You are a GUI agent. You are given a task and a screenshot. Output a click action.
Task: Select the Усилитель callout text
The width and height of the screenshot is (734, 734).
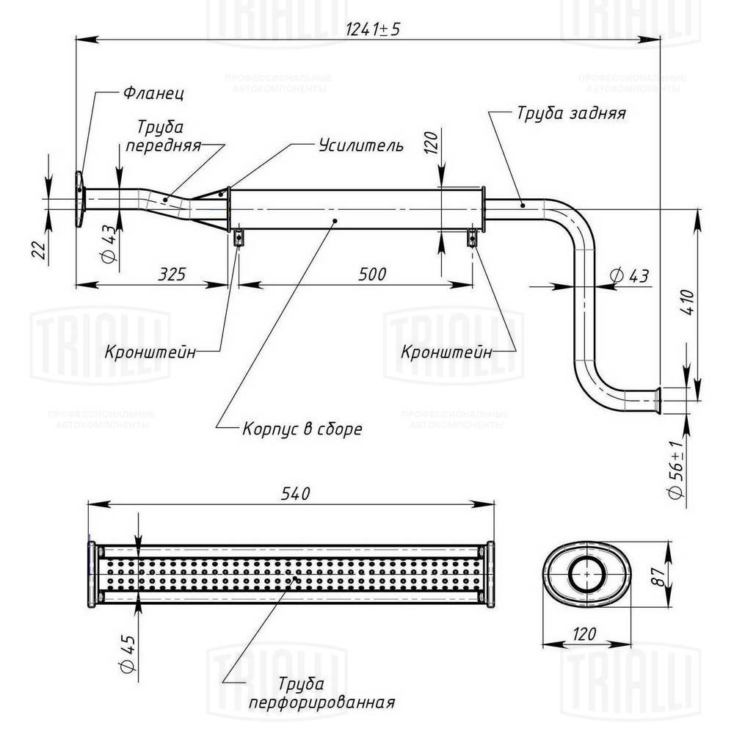360,145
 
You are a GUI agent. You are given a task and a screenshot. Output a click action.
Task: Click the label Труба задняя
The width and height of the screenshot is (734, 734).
570,114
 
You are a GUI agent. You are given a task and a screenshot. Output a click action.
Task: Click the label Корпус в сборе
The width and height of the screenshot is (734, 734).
302,429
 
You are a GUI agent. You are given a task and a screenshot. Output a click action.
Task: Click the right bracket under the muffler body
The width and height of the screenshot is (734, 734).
473,238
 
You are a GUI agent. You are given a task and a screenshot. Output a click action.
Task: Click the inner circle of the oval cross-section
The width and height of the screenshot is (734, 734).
587,573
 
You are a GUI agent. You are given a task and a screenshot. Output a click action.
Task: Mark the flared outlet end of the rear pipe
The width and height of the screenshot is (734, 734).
658,399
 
